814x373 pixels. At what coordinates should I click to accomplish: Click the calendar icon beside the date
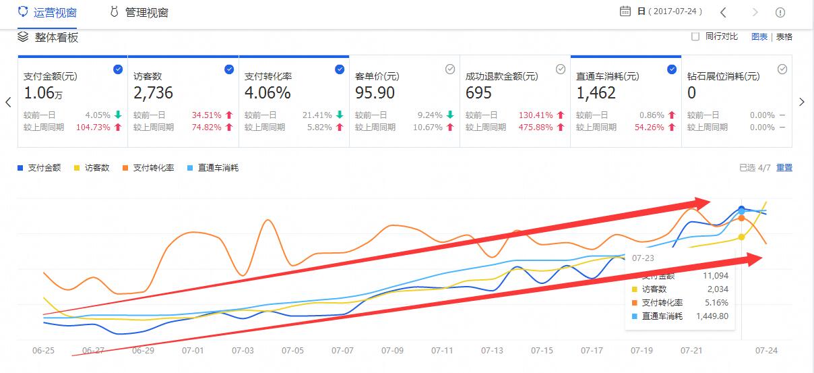(x=625, y=11)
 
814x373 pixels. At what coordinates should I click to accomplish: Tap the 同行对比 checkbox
(x=695, y=36)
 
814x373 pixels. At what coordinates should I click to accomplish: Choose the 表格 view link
(x=784, y=36)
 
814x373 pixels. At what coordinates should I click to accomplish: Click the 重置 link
(x=784, y=167)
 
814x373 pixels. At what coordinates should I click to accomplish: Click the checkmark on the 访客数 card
(x=228, y=69)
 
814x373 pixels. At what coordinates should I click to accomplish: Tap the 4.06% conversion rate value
(x=268, y=92)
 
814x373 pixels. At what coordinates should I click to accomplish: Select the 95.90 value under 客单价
(x=375, y=92)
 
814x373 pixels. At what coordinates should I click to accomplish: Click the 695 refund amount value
(x=478, y=92)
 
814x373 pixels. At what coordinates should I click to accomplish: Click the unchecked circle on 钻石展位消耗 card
(x=782, y=69)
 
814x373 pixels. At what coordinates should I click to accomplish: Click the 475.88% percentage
(x=536, y=127)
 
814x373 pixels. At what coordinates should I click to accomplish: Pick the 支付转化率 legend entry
(x=148, y=167)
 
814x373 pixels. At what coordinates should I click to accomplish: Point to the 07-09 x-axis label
(x=392, y=351)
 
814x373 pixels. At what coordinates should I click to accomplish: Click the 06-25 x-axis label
(x=43, y=351)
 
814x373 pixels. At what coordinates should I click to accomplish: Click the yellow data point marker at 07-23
(x=741, y=237)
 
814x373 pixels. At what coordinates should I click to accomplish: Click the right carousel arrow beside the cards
(x=802, y=102)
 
